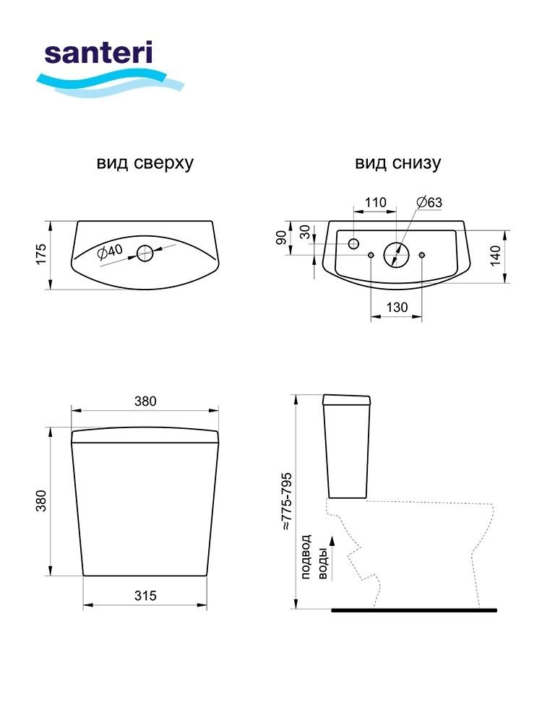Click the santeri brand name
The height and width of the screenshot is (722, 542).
click(x=98, y=53)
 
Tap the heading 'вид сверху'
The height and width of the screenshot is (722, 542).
click(x=145, y=163)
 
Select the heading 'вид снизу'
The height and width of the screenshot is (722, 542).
click(x=397, y=163)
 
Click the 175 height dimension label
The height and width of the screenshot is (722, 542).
click(x=41, y=254)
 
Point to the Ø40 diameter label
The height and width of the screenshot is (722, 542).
click(x=110, y=251)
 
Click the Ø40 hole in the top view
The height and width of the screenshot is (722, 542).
click(x=145, y=253)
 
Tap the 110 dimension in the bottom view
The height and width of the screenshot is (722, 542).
click(x=376, y=202)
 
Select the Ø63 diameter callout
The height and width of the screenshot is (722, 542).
click(x=429, y=202)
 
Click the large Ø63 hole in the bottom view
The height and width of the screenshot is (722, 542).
click(x=396, y=254)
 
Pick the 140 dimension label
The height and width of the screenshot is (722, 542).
click(x=495, y=256)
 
